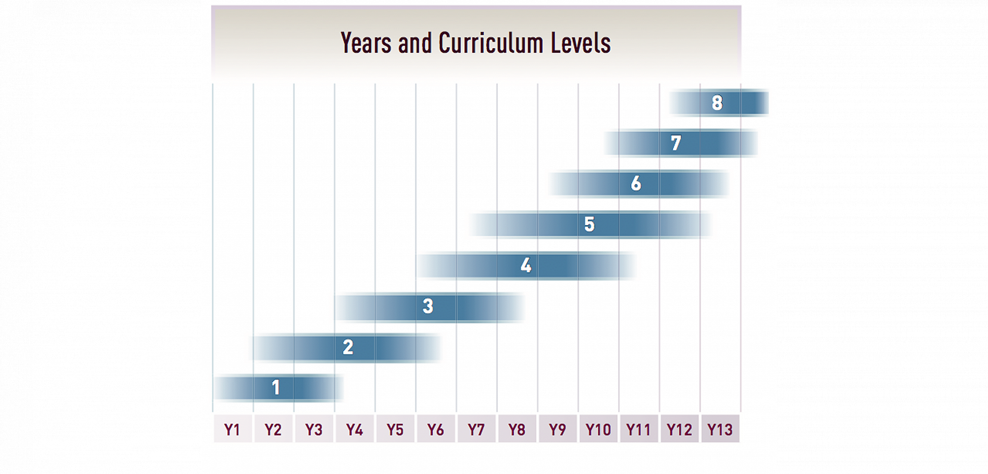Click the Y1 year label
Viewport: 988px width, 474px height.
pos(232,430)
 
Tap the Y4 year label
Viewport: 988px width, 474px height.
pos(354,430)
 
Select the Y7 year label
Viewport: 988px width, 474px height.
pos(476,430)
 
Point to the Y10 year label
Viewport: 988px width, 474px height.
pos(598,430)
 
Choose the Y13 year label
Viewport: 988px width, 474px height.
pos(720,430)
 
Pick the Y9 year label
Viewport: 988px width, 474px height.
pos(557,430)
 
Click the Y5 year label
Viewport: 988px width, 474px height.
pos(395,430)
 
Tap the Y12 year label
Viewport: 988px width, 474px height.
pos(679,430)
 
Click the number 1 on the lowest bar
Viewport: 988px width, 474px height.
pos(276,388)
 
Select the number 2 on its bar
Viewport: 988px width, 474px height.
pos(348,347)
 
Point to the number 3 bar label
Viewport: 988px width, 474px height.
pos(428,306)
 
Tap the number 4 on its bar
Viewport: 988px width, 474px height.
pos(526,265)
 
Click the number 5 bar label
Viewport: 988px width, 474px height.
pos(589,224)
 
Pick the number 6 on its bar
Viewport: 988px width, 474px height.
pos(636,183)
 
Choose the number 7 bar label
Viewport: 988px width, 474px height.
pos(676,143)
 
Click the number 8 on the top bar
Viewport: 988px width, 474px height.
pos(717,103)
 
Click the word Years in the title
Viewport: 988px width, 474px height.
pos(366,43)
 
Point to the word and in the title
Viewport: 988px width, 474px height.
pos(415,43)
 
